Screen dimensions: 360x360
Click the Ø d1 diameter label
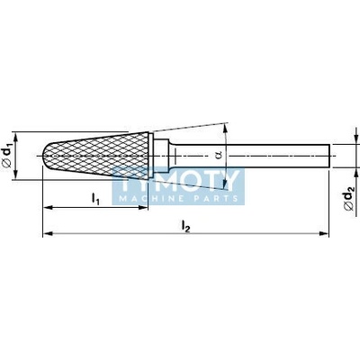pyautogui.click(x=8, y=156)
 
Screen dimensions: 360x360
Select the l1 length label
pyautogui.click(x=95, y=199)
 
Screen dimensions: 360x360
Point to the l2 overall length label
pyautogui.click(x=186, y=227)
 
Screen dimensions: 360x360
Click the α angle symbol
pyautogui.click(x=219, y=155)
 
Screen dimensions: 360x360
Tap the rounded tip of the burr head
pyautogui.click(x=45, y=156)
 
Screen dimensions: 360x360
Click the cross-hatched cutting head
pyautogui.click(x=96, y=156)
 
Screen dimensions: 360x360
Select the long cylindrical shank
pyautogui.click(x=252, y=156)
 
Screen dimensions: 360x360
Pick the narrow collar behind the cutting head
pyautogui.click(x=151, y=156)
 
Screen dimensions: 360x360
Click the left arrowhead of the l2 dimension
pyautogui.click(x=48, y=233)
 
